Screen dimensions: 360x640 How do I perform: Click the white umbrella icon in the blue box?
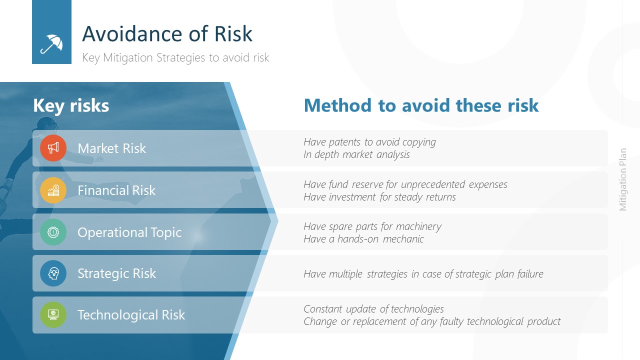click(51, 44)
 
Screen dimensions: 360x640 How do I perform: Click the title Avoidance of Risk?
click(167, 34)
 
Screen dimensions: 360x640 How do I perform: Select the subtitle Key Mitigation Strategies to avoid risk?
click(175, 57)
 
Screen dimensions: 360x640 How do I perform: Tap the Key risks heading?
click(71, 105)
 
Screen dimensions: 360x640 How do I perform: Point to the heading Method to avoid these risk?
click(421, 105)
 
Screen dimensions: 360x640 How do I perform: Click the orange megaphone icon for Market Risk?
click(53, 148)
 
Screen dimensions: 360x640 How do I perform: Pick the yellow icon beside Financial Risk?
click(53, 190)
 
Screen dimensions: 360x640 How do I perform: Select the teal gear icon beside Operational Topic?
click(53, 232)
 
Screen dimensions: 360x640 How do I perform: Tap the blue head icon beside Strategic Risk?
click(53, 273)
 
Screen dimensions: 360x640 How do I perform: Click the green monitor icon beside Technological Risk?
click(53, 315)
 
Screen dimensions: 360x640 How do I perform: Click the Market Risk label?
click(112, 148)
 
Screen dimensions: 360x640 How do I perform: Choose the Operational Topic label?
click(129, 232)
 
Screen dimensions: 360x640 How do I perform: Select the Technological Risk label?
click(131, 315)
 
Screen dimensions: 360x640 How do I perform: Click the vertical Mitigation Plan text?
click(623, 179)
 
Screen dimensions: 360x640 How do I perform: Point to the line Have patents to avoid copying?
click(369, 142)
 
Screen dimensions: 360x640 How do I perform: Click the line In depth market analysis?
click(356, 154)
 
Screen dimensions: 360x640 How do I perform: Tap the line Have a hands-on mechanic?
click(363, 239)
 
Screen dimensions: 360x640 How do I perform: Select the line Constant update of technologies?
click(373, 309)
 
